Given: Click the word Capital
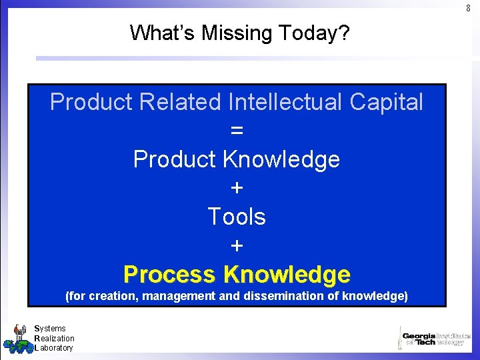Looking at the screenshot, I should (x=388, y=102).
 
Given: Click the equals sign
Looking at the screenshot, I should (x=237, y=131).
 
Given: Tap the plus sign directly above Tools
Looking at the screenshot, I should (x=237, y=189).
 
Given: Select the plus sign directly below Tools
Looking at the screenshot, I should (x=237, y=246).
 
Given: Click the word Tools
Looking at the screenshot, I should (x=237, y=217).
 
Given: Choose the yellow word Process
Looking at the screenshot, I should (x=170, y=274).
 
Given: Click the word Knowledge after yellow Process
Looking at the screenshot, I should (x=287, y=274).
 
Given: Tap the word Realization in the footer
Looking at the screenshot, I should (x=54, y=338).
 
